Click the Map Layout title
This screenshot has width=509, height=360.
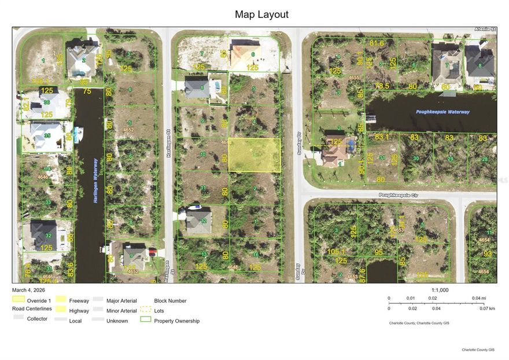pos(261,14)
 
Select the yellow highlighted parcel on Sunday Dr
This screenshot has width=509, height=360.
pos(254,155)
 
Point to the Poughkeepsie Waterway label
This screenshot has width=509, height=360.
pos(442,112)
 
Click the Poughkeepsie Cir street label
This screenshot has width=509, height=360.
pos(401,196)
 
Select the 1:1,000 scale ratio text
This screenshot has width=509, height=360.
pos(440,290)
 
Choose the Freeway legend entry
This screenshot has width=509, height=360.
pos(79,300)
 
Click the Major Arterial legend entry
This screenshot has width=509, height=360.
pos(121,300)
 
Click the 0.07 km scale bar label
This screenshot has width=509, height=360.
pos(488,308)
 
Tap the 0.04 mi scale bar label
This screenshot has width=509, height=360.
pos(479,298)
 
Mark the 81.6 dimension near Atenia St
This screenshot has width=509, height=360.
pos(377,43)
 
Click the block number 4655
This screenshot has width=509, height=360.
pos(354,78)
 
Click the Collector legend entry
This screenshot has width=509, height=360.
pos(37,319)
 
